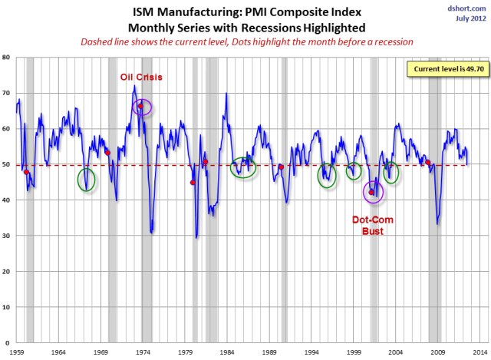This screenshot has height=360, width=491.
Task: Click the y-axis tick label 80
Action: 6,58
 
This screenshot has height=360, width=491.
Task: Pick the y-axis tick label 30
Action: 6,236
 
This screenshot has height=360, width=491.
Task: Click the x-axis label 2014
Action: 478,351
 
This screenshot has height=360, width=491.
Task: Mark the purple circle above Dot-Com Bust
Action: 373,192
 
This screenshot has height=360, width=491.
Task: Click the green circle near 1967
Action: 87,180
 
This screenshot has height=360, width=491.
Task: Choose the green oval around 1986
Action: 244,168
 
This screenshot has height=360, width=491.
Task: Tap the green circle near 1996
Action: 328,176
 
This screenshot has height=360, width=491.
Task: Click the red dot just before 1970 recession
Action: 108,153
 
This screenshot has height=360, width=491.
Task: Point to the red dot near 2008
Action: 427,162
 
